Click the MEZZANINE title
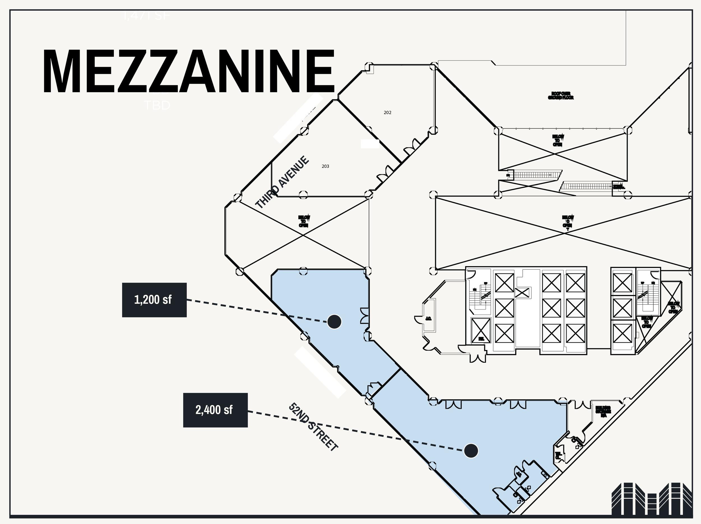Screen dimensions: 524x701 click(188, 71)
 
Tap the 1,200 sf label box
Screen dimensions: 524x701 click(154, 300)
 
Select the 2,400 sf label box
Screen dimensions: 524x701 click(215, 410)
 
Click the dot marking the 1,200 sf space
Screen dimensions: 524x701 click(334, 322)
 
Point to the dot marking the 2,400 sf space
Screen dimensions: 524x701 click(471, 451)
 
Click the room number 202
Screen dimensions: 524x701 click(387, 112)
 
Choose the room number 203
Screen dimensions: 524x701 click(325, 166)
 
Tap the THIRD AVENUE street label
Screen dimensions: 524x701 click(282, 182)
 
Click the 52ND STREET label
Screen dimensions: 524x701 click(313, 427)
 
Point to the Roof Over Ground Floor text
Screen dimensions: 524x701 click(561, 96)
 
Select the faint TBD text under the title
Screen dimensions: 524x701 click(157, 105)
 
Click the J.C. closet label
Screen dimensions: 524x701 click(428, 318)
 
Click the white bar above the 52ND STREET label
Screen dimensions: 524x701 click(320, 372)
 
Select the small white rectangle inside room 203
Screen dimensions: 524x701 click(370, 144)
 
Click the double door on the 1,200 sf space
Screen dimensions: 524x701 click(365, 315)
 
